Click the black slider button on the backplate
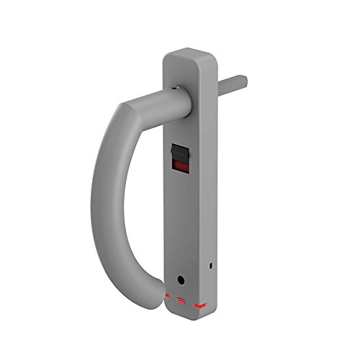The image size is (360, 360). (180, 153)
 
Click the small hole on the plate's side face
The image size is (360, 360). (210, 266)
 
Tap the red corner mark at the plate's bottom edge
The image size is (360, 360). (199, 306)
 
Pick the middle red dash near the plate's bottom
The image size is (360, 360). (181, 300)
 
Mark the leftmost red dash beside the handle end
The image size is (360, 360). (166, 296)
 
